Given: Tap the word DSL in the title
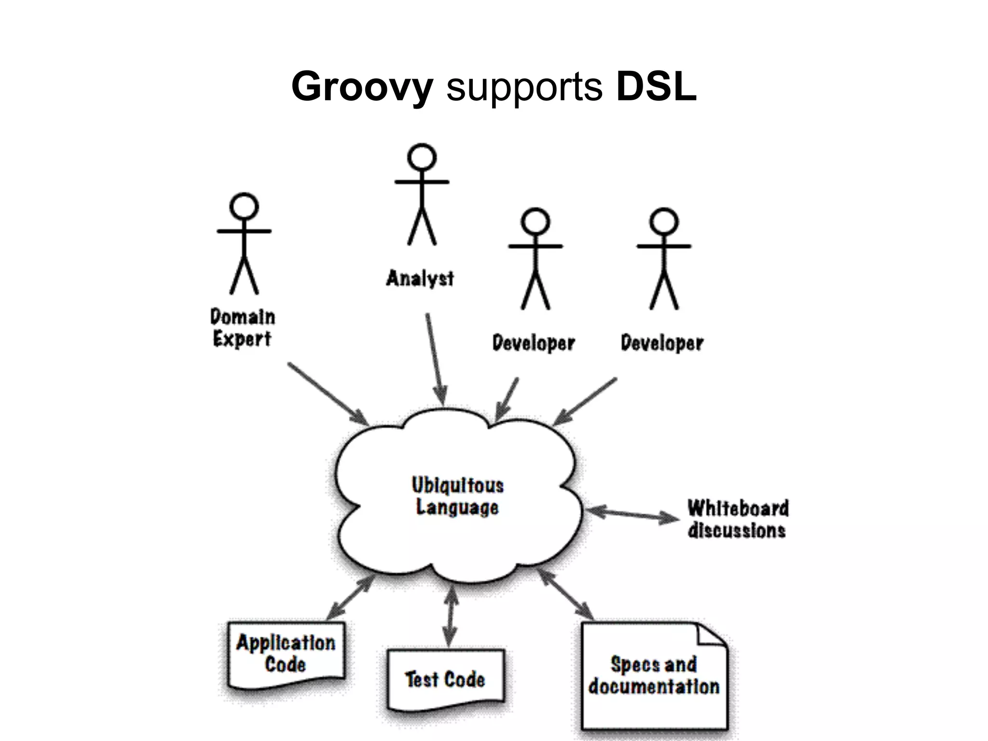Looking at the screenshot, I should coord(656,87).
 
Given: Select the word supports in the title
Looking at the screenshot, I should coord(524,89).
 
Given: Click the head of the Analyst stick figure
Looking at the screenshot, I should coord(422,158).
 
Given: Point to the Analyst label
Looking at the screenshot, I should coord(420,278).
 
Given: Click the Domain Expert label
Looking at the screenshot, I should coord(243,328).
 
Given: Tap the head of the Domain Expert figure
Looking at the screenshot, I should coord(244,207).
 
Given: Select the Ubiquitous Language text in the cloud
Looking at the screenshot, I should coord(457,496).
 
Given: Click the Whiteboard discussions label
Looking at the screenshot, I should coord(738,519).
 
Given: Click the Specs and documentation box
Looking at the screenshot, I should coord(654,675).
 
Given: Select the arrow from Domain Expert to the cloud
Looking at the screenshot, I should coord(328,393).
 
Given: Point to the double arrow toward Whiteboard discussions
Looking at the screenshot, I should coord(632,514).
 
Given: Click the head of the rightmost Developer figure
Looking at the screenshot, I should coord(664,222).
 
